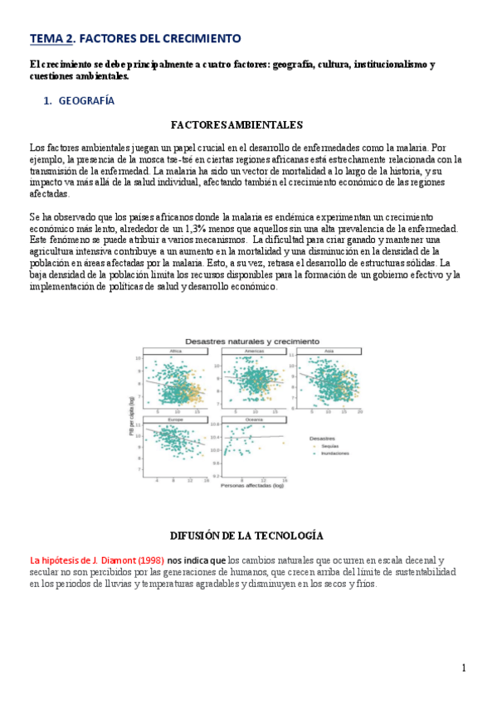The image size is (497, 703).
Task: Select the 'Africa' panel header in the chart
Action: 175,351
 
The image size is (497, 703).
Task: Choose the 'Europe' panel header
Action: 175,419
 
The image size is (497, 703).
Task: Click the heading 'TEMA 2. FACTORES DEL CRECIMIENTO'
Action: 135,38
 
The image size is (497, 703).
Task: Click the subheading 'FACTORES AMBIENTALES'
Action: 236,125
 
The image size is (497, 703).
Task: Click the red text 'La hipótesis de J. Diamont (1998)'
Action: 97,560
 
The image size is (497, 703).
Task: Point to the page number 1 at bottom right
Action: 464,668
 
